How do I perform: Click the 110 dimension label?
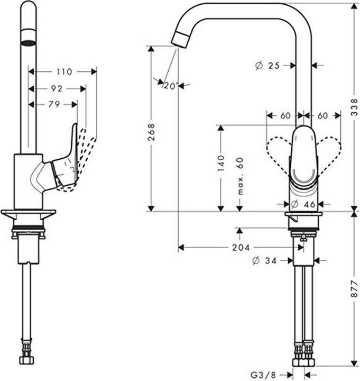tap(64, 71)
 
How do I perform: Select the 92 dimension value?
tap(57, 89)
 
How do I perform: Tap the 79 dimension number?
tap(54, 104)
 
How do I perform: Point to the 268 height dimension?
tap(152, 132)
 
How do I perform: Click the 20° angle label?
tap(170, 86)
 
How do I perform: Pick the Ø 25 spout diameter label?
tap(267, 66)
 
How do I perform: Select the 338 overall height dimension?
tap(354, 107)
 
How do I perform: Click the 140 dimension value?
tap(221, 163)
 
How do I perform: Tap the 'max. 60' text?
tap(240, 176)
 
